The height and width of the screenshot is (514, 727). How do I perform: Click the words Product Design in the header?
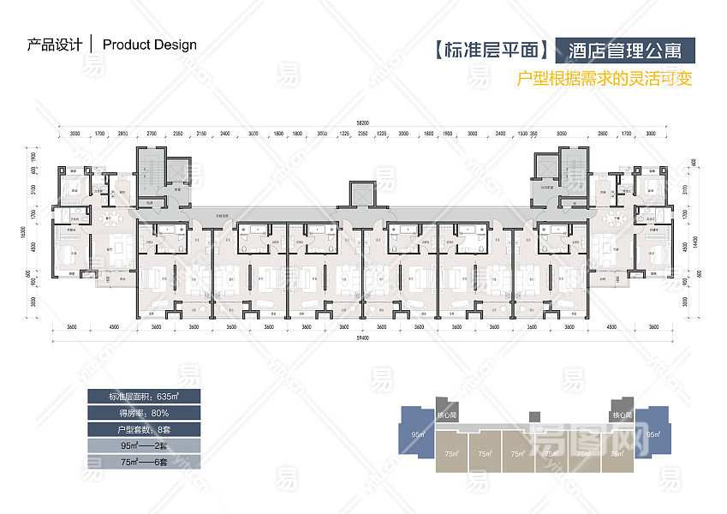[150, 45]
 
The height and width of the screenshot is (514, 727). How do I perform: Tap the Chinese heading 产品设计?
[55, 45]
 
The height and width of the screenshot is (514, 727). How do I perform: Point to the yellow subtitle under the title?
[605, 80]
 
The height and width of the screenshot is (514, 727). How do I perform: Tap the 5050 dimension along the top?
[562, 134]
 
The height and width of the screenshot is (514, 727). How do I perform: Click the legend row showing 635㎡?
[143, 396]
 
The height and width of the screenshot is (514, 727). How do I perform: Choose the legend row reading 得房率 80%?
[143, 412]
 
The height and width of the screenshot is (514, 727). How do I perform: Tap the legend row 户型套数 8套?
[143, 428]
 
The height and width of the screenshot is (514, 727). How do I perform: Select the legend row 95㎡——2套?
[143, 445]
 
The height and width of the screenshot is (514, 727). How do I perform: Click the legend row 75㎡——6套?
[143, 462]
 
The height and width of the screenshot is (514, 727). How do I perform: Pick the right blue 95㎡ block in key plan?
[653, 433]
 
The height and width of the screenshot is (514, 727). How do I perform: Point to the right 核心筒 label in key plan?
[622, 415]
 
